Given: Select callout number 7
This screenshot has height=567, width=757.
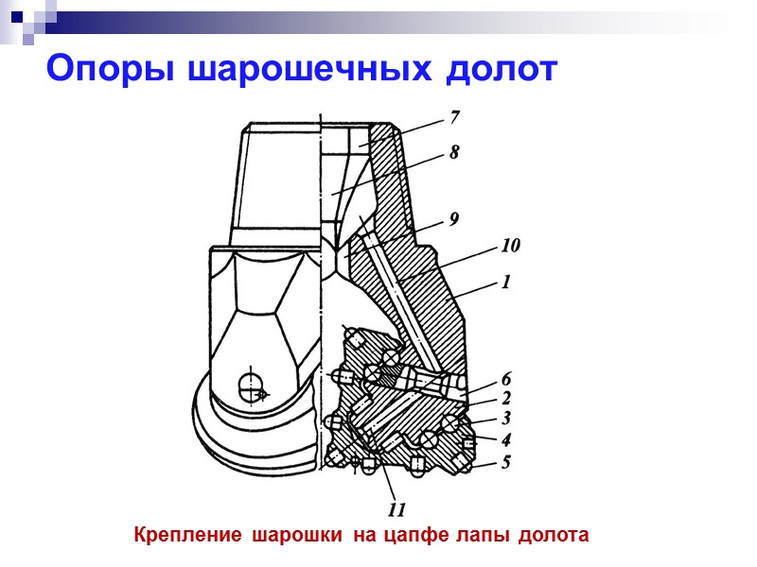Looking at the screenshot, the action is [455, 118].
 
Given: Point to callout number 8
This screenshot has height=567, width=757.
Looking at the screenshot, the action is [455, 152].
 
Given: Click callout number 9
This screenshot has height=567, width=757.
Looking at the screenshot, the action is [455, 219].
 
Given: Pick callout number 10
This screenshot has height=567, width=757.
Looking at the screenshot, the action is [510, 247].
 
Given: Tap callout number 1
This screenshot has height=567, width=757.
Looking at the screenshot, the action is [506, 281].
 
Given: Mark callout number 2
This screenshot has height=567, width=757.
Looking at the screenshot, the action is [506, 398].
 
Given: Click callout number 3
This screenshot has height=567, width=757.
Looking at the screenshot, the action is [506, 418].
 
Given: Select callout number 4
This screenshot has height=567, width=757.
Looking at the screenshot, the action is [506, 439].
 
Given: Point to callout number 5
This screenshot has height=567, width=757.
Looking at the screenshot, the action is [506, 462].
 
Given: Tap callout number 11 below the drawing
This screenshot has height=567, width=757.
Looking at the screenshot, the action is [397, 510].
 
